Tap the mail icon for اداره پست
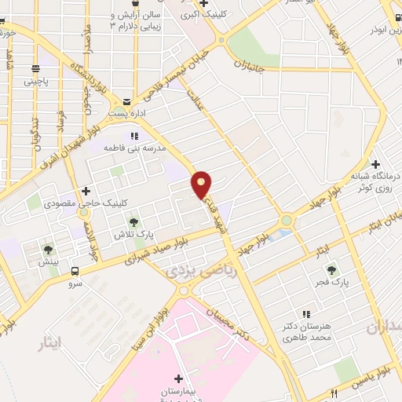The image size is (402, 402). (x=126, y=101)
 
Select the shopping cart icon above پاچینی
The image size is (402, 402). (x=35, y=68)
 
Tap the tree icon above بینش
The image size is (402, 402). (x=48, y=250)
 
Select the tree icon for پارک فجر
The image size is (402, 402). (x=330, y=269)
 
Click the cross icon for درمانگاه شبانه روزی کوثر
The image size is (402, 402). (x=375, y=164)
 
